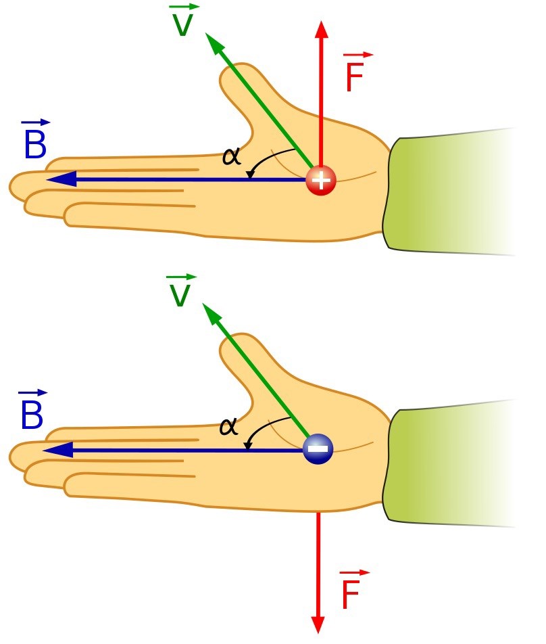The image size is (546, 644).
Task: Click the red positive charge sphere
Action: tap(320, 181)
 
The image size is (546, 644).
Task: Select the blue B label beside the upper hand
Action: tap(34, 144)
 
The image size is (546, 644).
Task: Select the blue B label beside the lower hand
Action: tap(32, 413)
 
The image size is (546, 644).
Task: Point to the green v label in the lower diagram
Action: tap(180, 292)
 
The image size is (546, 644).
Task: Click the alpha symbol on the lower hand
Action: tap(229, 427)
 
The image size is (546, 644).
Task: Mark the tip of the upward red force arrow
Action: tap(322, 26)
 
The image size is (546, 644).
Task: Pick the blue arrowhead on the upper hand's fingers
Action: tap(58, 179)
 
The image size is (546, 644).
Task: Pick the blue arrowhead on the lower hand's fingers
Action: tap(54, 450)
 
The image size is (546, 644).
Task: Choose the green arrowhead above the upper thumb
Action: tap(214, 44)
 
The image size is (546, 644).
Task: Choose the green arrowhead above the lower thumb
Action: tap(212, 313)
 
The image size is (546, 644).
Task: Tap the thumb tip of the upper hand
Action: tap(233, 71)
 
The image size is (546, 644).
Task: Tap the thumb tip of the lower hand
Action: tap(233, 342)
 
